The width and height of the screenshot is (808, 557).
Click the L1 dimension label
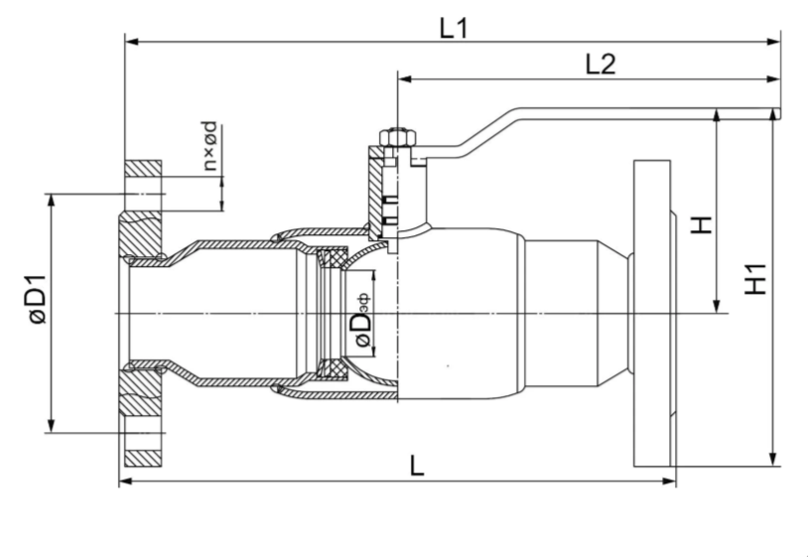click(454, 28)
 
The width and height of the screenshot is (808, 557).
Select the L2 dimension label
click(601, 65)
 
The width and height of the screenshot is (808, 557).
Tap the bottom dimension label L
click(417, 466)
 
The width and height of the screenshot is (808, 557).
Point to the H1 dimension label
click(756, 280)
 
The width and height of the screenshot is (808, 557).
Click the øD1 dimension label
click(38, 300)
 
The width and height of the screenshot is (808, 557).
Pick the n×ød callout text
click(209, 147)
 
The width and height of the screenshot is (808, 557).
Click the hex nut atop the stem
click(397, 137)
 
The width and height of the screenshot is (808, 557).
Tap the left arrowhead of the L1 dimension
click(132, 42)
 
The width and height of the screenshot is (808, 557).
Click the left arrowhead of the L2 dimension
click(405, 78)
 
